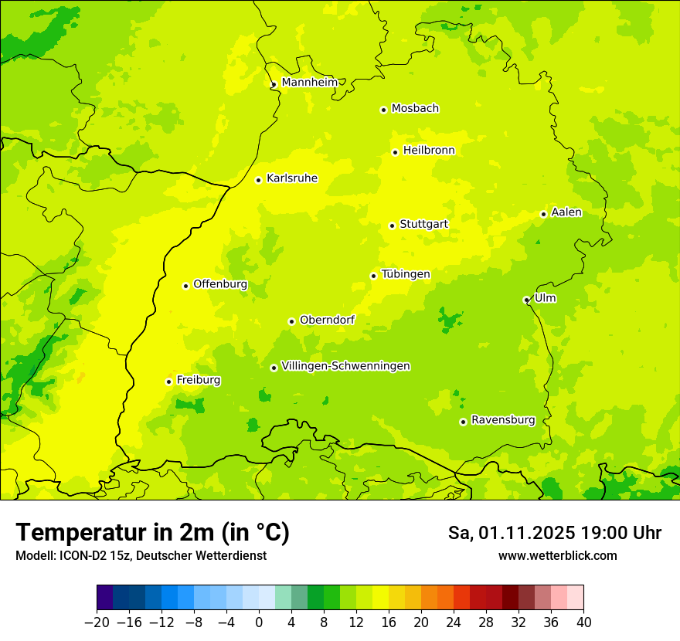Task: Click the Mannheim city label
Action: tap(309, 83)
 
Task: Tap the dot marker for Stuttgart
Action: tap(392, 226)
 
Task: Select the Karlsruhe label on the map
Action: tap(291, 178)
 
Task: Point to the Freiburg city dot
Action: tap(168, 382)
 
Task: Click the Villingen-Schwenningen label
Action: tap(345, 366)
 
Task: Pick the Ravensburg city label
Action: tap(503, 420)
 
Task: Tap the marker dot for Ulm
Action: tap(526, 300)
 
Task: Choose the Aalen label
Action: tap(566, 212)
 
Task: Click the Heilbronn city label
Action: tap(429, 151)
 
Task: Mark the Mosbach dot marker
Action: tap(383, 110)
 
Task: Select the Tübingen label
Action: tap(406, 274)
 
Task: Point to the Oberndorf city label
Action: tap(327, 320)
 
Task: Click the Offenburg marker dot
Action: tap(185, 286)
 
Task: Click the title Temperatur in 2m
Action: tap(152, 532)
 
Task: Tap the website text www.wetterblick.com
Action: tap(557, 555)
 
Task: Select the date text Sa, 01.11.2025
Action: tap(511, 533)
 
